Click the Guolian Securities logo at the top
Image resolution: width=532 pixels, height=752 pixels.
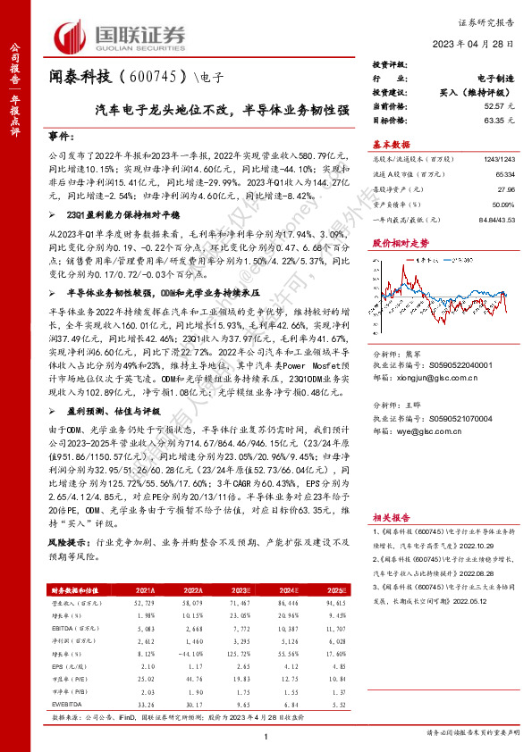click(x=120, y=36)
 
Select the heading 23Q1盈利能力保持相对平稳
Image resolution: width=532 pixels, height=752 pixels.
click(x=110, y=215)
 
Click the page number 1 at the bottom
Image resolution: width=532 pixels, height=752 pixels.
click(x=266, y=735)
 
